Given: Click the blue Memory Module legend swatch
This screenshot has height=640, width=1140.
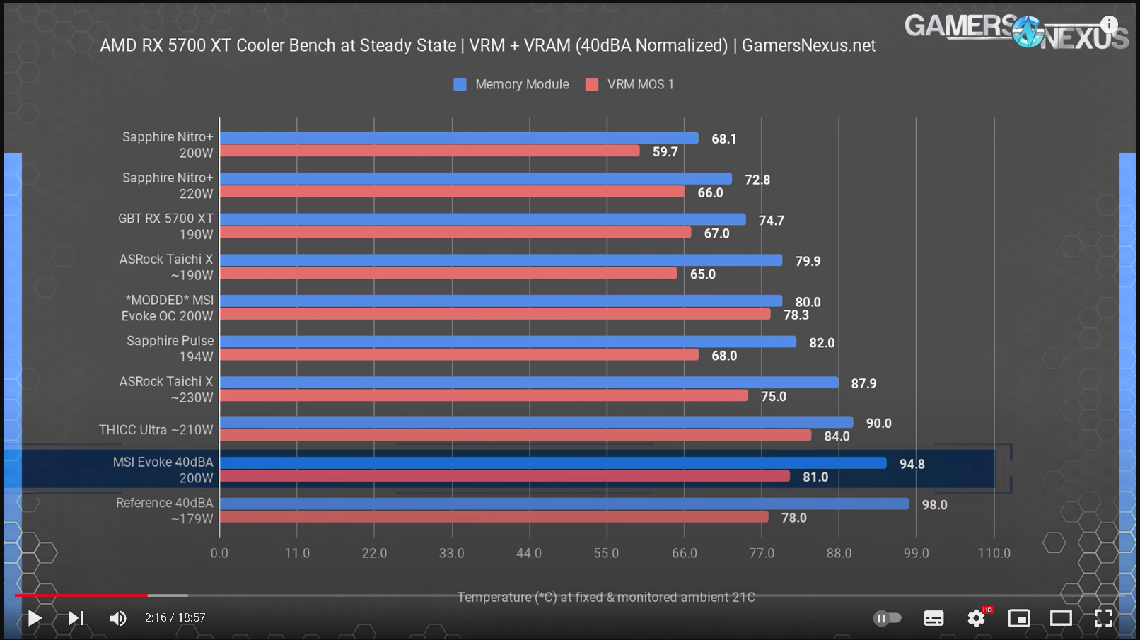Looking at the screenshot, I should pyautogui.click(x=460, y=85).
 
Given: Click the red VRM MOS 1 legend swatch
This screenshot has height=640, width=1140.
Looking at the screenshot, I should pyautogui.click(x=592, y=85).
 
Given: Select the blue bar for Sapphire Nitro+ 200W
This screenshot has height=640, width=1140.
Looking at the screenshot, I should pyautogui.click(x=458, y=138).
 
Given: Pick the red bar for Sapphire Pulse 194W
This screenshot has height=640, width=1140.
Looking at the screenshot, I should pyautogui.click(x=458, y=354).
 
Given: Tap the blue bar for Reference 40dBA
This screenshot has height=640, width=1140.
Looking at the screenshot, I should pyautogui.click(x=564, y=504).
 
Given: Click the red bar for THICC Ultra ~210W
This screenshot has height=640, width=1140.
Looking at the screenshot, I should pyautogui.click(x=515, y=436).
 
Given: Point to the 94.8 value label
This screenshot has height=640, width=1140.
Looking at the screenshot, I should pyautogui.click(x=912, y=464).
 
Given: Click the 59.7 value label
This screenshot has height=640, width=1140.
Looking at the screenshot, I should pyautogui.click(x=665, y=151).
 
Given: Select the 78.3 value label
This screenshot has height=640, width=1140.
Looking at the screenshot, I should pyautogui.click(x=796, y=315).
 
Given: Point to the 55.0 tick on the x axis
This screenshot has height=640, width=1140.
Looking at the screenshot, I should pyautogui.click(x=606, y=553).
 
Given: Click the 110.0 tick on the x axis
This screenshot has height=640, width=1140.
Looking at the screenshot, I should pyautogui.click(x=994, y=553).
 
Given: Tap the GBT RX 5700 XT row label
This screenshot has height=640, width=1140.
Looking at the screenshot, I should pyautogui.click(x=165, y=226).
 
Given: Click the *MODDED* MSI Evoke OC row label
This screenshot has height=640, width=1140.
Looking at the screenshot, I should pyautogui.click(x=167, y=308).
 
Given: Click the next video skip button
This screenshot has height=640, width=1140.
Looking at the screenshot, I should pyautogui.click(x=76, y=618).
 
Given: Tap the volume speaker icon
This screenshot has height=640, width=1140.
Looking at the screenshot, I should pyautogui.click(x=117, y=618).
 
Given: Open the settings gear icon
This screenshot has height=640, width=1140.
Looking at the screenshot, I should pyautogui.click(x=976, y=618).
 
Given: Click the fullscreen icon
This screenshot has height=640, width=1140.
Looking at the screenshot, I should pyautogui.click(x=1103, y=618).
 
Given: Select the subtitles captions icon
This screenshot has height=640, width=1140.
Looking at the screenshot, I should pyautogui.click(x=933, y=618).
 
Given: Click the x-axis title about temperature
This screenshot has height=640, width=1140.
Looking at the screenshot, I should pyautogui.click(x=606, y=597).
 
